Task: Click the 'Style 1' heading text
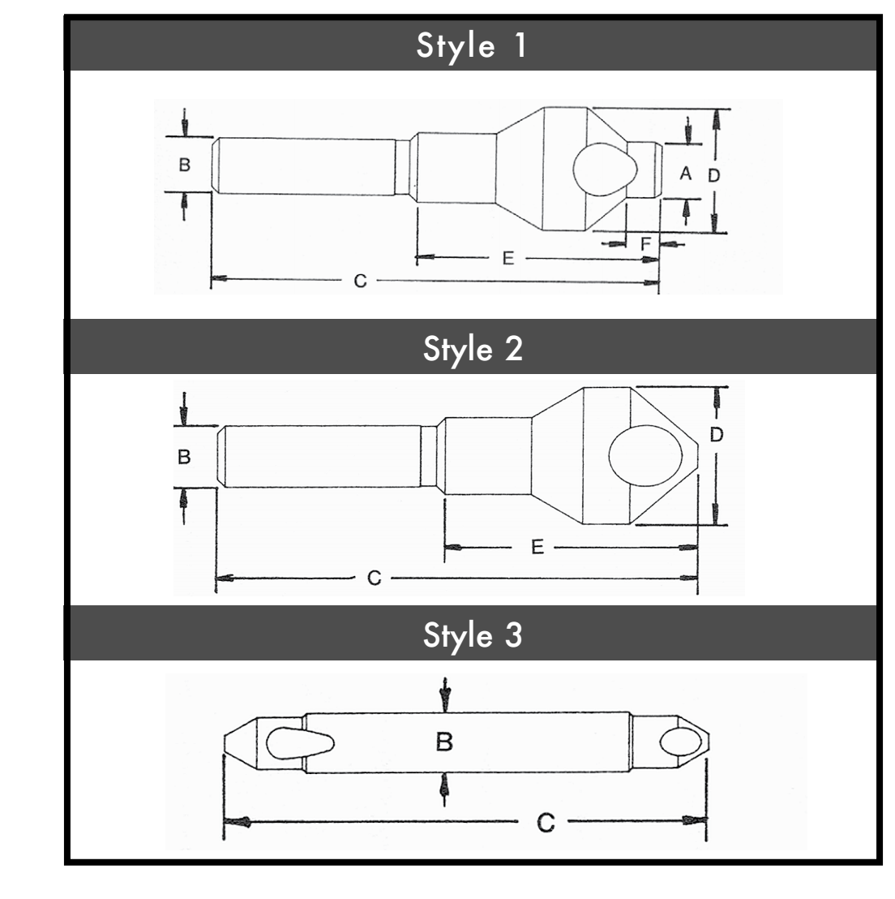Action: tap(471, 46)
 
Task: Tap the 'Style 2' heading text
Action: tap(473, 349)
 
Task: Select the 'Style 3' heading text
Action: tap(473, 635)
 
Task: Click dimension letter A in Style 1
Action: tap(685, 173)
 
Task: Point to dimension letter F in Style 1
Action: tap(646, 244)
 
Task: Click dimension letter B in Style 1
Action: tap(184, 165)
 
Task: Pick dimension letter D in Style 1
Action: tap(713, 175)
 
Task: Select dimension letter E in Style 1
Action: tap(507, 259)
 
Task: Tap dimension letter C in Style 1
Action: tap(360, 281)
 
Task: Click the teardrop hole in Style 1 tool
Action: tap(605, 169)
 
